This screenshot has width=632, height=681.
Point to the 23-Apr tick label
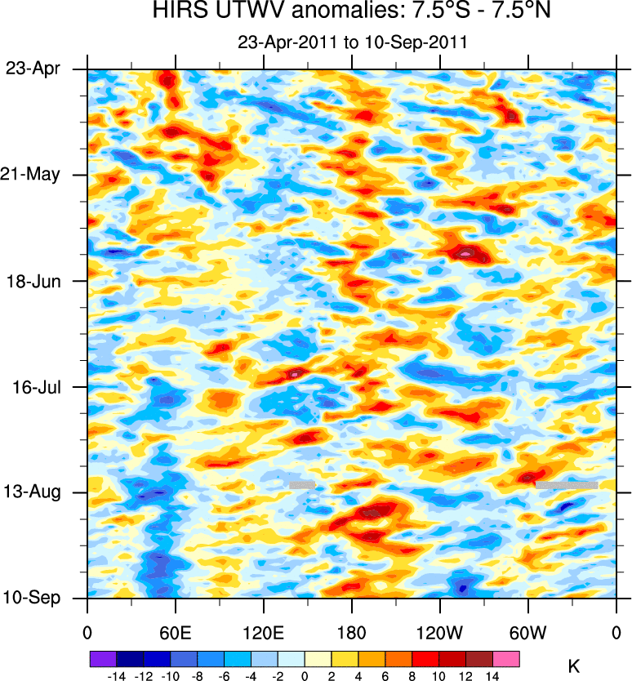pos(33,69)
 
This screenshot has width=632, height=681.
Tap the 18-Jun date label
pos(33,281)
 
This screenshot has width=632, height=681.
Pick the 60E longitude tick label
pos(175,631)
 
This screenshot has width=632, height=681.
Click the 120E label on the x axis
pos(263,631)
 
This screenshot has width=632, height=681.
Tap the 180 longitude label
pos(352,631)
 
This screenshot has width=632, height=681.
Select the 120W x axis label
pos(440,631)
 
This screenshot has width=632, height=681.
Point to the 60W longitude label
pos(527,631)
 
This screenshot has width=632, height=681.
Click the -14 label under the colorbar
pos(117,675)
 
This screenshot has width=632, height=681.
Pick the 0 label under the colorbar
pos(305,675)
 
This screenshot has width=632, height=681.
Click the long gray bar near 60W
pos(567,485)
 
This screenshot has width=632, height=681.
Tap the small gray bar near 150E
pos(302,485)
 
